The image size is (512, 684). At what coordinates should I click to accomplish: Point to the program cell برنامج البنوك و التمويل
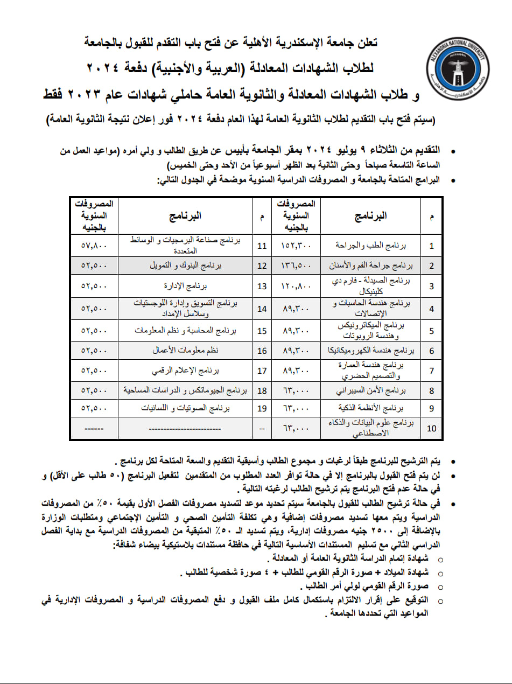click(x=186, y=266)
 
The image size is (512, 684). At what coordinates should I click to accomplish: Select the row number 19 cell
click(x=262, y=408)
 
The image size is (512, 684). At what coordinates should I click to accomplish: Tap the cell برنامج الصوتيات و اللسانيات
click(x=186, y=408)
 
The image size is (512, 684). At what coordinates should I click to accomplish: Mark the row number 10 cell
click(x=431, y=429)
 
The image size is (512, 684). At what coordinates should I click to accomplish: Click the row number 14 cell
click(x=262, y=308)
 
